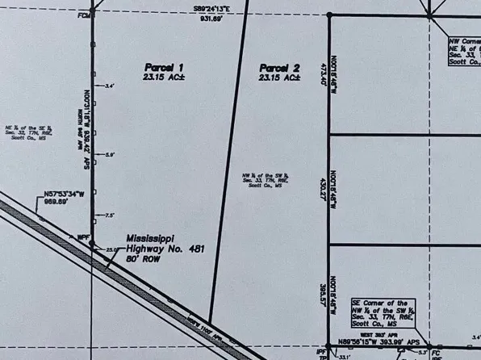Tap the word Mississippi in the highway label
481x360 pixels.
click(x=151, y=239)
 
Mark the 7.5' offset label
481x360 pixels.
click(x=111, y=215)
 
